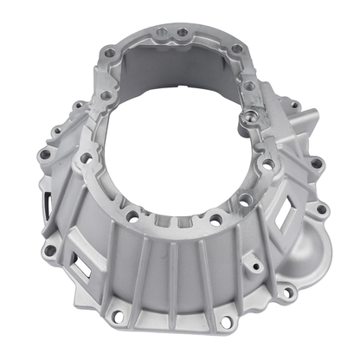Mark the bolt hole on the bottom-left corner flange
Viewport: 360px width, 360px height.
[50, 250]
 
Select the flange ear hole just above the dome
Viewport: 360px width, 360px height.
[321, 209]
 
